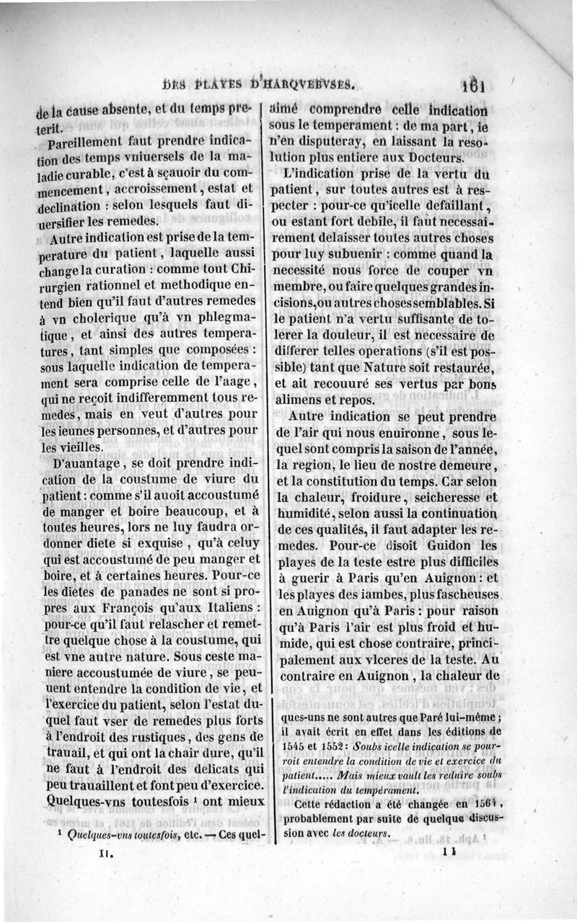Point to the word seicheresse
437,496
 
